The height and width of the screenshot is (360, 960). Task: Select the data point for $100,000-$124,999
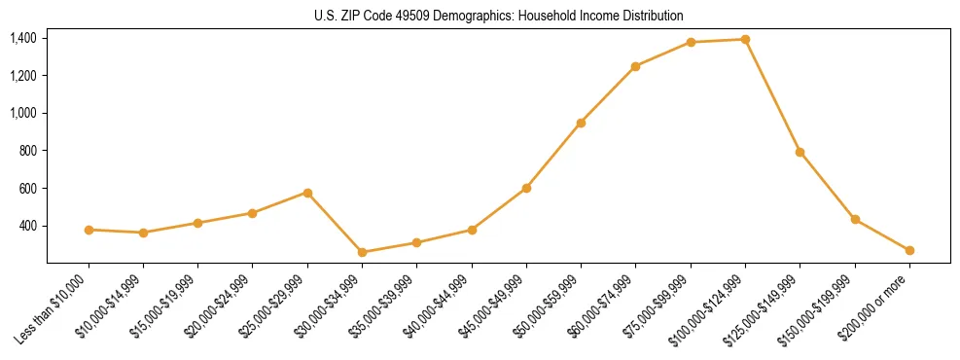[745, 39]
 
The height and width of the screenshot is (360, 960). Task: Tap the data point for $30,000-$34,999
[362, 252]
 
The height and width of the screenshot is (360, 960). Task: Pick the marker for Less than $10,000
[89, 230]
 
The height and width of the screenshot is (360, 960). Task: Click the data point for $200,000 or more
[909, 250]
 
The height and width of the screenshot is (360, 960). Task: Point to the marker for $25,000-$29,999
[307, 193]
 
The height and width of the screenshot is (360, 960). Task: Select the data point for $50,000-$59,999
[581, 123]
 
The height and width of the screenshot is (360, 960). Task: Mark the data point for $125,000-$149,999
[800, 152]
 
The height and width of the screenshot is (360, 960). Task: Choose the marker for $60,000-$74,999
[635, 66]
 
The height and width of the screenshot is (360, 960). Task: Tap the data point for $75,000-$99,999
[691, 42]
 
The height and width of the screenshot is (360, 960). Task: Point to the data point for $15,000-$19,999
[197, 223]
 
